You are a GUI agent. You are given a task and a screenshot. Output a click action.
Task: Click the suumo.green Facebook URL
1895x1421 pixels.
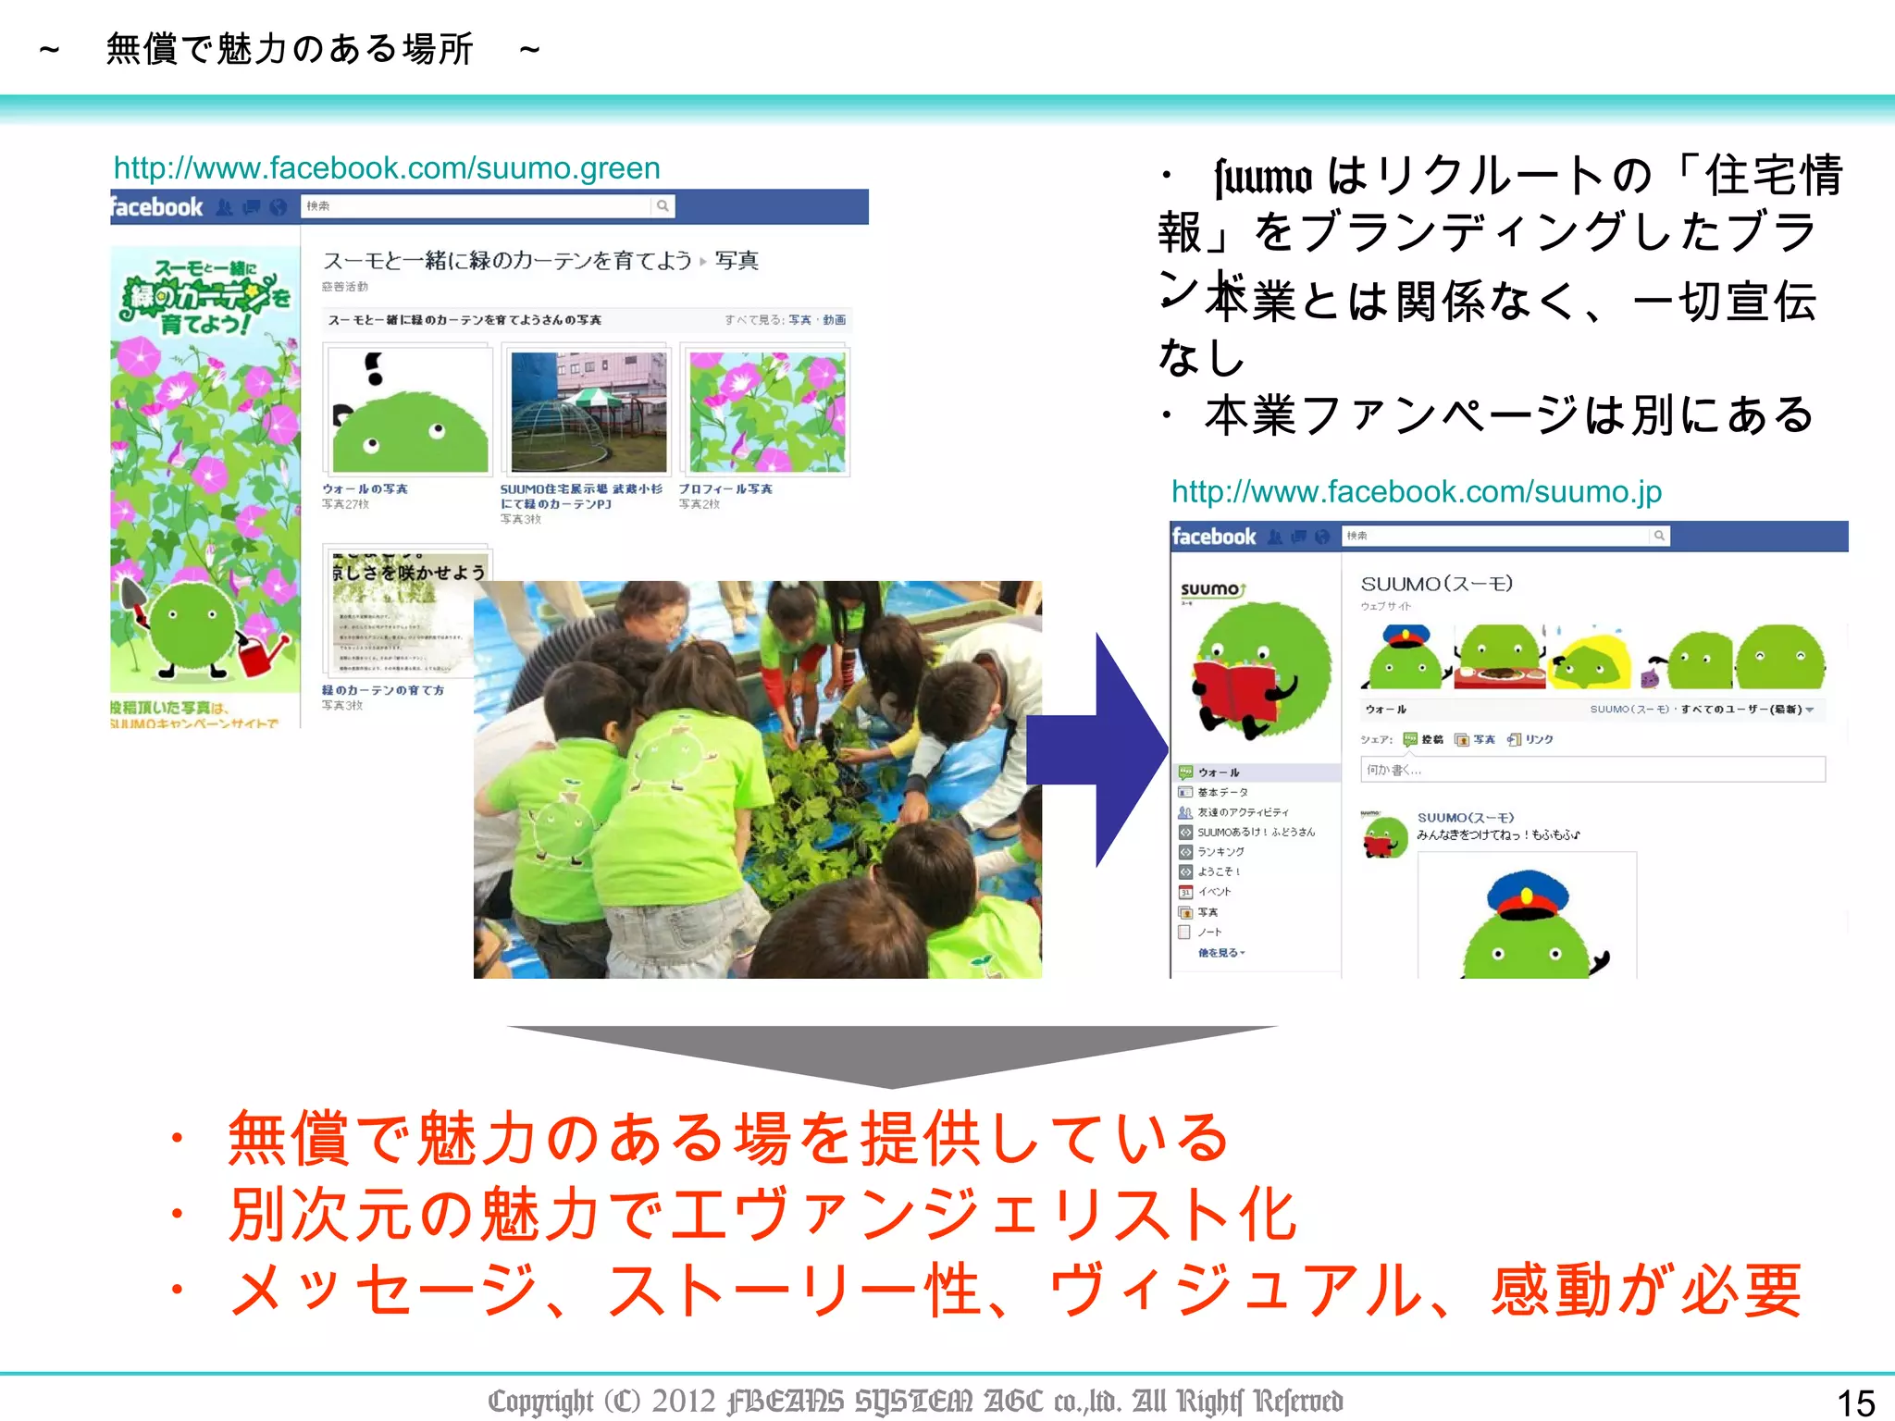pos(387,168)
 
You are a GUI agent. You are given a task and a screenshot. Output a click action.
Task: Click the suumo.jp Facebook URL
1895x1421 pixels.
pos(1416,491)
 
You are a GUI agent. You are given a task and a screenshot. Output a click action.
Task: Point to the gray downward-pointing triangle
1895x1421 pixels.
pos(892,1055)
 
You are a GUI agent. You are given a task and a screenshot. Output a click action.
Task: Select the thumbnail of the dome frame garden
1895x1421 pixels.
pos(588,412)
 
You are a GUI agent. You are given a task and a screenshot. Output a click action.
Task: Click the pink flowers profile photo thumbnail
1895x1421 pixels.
pos(767,412)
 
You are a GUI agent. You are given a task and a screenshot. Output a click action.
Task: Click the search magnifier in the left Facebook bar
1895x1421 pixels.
pos(663,206)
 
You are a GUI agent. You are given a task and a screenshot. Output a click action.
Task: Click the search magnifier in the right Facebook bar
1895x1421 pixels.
pos(1659,536)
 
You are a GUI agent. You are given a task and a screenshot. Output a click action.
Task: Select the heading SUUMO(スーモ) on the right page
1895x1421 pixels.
pos(1436,584)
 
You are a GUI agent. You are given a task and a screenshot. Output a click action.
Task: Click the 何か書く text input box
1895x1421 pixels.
pos(1592,769)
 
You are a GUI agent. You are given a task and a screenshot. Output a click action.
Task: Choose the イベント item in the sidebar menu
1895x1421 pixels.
pos(1214,892)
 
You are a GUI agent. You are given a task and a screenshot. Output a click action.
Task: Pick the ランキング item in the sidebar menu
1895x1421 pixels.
pos(1220,851)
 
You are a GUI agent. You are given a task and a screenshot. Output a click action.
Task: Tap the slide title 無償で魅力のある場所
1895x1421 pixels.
pos(290,49)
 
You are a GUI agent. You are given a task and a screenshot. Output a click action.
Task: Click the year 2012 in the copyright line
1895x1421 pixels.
pos(684,1401)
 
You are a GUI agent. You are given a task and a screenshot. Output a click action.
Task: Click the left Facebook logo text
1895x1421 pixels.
pos(156,207)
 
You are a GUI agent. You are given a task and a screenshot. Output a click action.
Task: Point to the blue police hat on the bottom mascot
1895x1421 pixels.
pos(1528,891)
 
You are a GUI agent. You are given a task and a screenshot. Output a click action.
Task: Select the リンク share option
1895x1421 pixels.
pos(1538,739)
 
